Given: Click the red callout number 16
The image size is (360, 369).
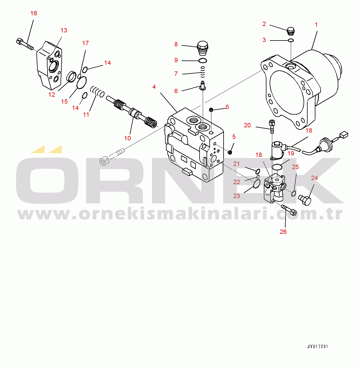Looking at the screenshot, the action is (34, 13).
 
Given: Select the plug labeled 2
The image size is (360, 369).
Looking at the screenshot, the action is (290, 31).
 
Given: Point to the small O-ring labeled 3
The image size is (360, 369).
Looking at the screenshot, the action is (291, 40).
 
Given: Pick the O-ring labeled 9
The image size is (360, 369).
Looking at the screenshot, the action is (203, 60).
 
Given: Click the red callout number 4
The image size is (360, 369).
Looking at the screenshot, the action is (154, 87).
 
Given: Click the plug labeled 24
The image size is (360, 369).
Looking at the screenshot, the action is (305, 200).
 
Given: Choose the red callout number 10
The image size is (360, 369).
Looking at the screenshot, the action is (127, 138).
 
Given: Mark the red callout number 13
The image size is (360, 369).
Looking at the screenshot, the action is (64, 30).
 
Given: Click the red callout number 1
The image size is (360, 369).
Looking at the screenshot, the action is (316, 25).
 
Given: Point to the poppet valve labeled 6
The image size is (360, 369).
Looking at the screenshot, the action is (203, 85).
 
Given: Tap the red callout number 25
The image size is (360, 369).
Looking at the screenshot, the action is (295, 167).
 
